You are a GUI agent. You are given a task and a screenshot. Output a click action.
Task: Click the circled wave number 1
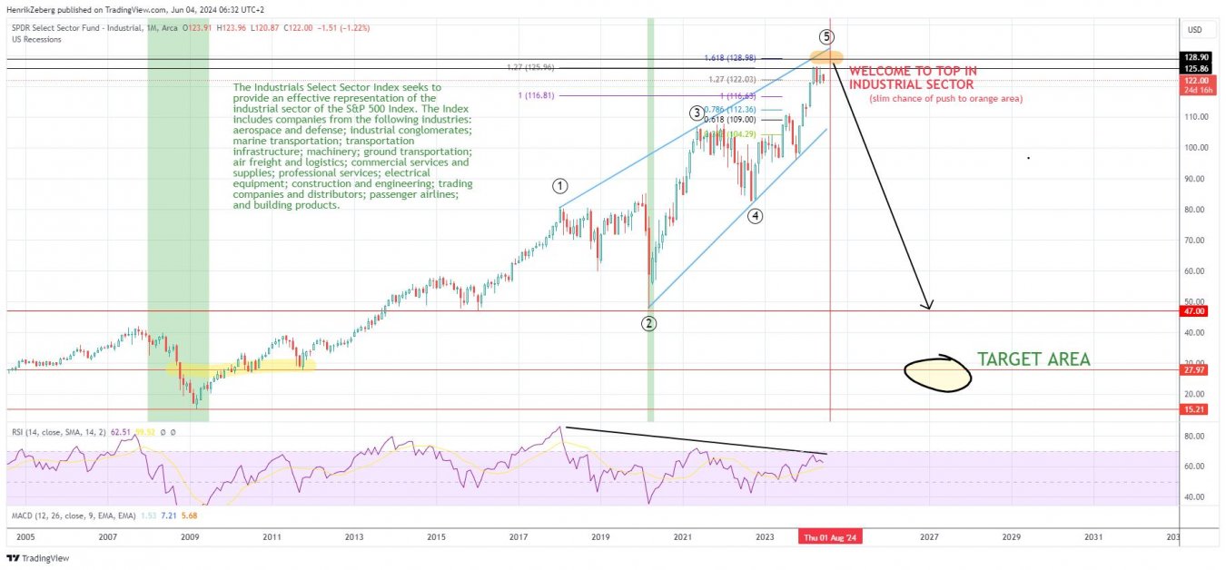[x=560, y=186]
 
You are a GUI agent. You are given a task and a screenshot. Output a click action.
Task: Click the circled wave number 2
[x=649, y=323]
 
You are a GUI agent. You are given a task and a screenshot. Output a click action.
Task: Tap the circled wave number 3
[x=696, y=113]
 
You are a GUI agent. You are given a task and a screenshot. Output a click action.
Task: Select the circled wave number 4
[x=755, y=216]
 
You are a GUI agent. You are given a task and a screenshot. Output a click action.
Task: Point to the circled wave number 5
[x=826, y=37]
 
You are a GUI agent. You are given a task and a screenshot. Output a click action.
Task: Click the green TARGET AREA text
[x=1033, y=359]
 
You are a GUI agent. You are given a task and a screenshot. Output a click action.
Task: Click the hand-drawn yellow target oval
[x=938, y=372]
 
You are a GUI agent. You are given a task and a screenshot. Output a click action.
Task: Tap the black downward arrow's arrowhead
[x=926, y=305]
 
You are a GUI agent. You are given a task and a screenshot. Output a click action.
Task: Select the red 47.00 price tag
[x=1193, y=310]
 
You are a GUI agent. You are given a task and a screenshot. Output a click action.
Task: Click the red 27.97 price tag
[x=1193, y=370]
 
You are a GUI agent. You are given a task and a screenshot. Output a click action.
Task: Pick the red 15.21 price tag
[x=1193, y=409]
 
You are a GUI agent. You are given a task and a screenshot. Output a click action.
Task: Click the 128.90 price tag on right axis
[x=1193, y=56]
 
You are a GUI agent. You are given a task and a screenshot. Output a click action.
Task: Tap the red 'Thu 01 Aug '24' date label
[x=830, y=537]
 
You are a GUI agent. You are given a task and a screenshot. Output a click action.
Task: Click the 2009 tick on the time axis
[x=190, y=537]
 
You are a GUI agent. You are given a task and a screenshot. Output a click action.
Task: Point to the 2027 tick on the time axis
[x=929, y=537]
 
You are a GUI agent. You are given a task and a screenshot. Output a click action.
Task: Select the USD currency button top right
[x=1193, y=30]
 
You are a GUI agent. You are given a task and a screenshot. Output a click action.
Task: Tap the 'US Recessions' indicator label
[x=37, y=40]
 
